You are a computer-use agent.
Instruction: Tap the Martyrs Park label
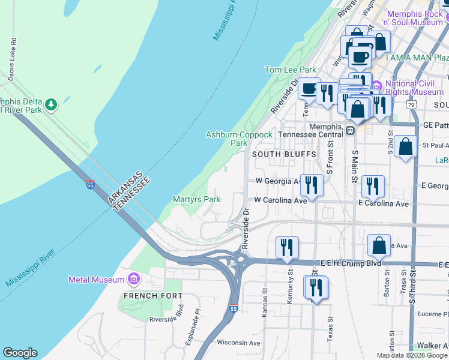(196, 199)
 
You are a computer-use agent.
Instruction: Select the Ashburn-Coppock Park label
(226, 139)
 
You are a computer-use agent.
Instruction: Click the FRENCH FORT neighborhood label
(144, 296)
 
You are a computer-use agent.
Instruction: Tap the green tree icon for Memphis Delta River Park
(52, 105)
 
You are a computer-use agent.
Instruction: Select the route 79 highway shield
(411, 104)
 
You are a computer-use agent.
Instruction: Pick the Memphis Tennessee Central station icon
(351, 130)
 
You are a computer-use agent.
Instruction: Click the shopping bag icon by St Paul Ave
(406, 147)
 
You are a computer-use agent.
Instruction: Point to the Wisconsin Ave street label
(238, 343)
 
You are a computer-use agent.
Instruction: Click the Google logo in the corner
(20, 353)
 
